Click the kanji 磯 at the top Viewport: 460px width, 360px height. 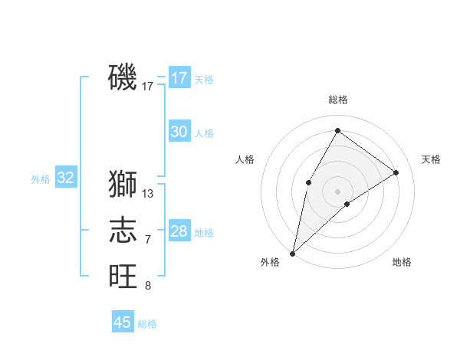pos(123,77)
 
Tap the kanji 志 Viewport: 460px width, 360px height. pos(123,229)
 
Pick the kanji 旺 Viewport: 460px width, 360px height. pos(123,275)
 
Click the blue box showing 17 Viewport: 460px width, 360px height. pos(179,78)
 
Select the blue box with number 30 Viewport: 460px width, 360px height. pos(179,132)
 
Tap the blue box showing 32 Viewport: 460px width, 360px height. pos(66,178)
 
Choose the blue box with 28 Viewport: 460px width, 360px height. pos(179,231)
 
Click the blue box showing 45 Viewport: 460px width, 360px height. pos(123,322)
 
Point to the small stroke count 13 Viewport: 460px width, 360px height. pos(148,194)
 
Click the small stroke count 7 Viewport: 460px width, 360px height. pos(148,240)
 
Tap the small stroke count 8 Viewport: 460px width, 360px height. pos(148,286)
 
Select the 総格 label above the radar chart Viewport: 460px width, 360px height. pos(337,100)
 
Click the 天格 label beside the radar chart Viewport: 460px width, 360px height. pos(431,159)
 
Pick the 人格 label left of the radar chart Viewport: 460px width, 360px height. pos(245,159)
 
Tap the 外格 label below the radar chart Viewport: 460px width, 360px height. pos(270,262)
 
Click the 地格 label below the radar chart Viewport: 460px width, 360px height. pos(402,262)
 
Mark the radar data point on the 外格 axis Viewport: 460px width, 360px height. pos(292,253)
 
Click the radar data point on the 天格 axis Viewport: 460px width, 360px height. pos(396,172)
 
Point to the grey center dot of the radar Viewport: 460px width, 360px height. pos(337,191)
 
